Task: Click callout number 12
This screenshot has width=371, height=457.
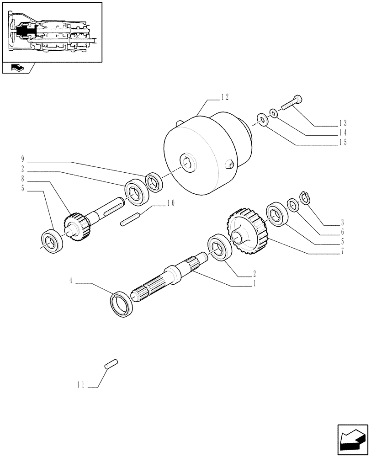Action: (224, 97)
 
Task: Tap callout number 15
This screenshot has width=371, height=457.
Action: (342, 142)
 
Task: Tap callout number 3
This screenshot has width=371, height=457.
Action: (343, 223)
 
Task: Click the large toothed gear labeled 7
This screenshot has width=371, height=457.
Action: (246, 230)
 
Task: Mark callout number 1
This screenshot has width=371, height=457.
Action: (254, 283)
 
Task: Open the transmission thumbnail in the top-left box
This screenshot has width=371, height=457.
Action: (52, 32)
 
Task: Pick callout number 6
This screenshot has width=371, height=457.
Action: (343, 233)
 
